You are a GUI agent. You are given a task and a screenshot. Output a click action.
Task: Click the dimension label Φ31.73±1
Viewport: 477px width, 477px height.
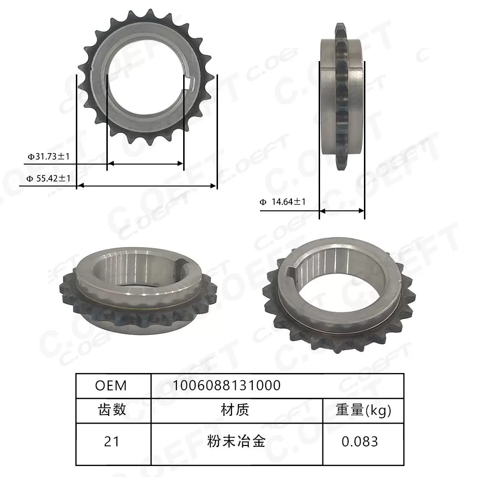pyautogui.click(x=49, y=156)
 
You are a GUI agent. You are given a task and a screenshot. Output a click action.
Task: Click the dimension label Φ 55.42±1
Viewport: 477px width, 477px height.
pyautogui.click(x=49, y=178)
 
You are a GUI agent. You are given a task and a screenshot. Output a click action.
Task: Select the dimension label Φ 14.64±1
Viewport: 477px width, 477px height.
pyautogui.click(x=283, y=202)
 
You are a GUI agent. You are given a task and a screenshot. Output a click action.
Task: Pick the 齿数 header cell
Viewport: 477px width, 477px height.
pyautogui.click(x=112, y=410)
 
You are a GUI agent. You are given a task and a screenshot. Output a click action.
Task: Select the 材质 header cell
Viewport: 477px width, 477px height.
pyautogui.click(x=235, y=410)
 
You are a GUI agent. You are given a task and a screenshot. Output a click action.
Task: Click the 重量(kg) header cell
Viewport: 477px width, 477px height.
pyautogui.click(x=363, y=410)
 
